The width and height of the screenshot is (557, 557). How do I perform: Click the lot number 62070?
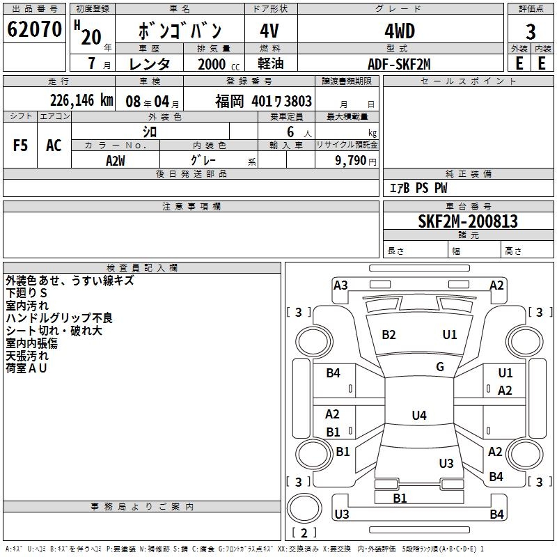point(35,30)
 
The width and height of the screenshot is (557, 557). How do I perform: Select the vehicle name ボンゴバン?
point(180,30)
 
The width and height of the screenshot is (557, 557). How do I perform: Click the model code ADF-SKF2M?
point(399,64)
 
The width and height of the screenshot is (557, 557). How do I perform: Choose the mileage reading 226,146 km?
point(81,100)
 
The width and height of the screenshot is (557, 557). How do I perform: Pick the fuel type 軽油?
point(269,64)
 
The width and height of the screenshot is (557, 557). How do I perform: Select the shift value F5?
point(21,146)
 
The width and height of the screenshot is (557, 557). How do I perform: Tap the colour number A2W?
point(116,160)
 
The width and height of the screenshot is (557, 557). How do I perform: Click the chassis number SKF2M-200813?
point(468,222)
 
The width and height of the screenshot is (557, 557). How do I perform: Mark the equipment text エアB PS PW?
point(418,188)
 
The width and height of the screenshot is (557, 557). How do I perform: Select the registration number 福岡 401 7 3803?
point(263,102)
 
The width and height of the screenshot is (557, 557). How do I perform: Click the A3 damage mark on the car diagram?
point(340,285)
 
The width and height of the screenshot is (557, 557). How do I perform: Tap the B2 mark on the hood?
point(389,335)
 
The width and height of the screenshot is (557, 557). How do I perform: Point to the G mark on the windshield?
point(440,367)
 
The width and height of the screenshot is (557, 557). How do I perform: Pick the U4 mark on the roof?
point(418,416)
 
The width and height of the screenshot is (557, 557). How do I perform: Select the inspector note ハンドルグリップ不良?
point(59,318)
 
